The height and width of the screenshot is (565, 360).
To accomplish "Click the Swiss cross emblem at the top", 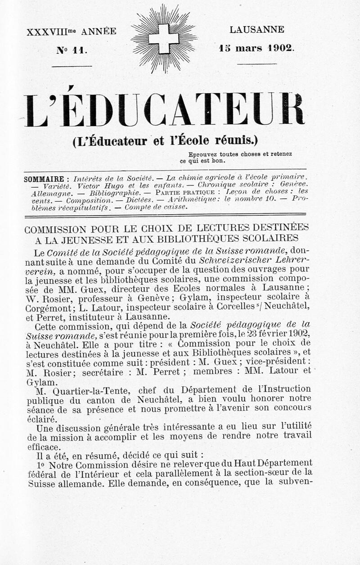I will (x=163, y=39).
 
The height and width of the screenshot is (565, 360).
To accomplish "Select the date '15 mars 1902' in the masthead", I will (x=257, y=47).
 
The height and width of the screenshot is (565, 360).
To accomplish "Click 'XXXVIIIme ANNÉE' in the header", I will (x=72, y=32).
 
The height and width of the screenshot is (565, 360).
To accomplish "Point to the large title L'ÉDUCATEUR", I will (x=165, y=110).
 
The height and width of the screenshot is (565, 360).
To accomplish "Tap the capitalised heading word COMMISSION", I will (x=63, y=229).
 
